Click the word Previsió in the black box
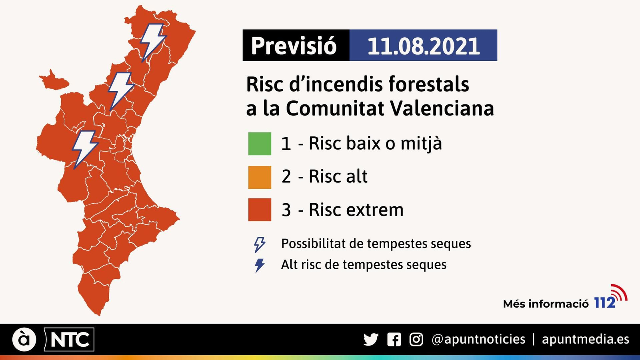click(x=294, y=46)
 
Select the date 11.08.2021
click(x=423, y=46)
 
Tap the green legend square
click(x=260, y=144)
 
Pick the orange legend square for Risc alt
click(x=260, y=177)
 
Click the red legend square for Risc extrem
click(x=260, y=210)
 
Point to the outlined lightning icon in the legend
click(x=260, y=244)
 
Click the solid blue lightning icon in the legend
click(x=260, y=265)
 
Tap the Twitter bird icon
click(x=371, y=340)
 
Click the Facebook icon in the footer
click(x=394, y=340)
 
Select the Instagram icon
click(x=416, y=340)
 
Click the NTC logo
click(x=69, y=340)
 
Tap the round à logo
click(x=24, y=340)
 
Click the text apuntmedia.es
click(x=585, y=339)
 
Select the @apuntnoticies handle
click(x=478, y=339)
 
